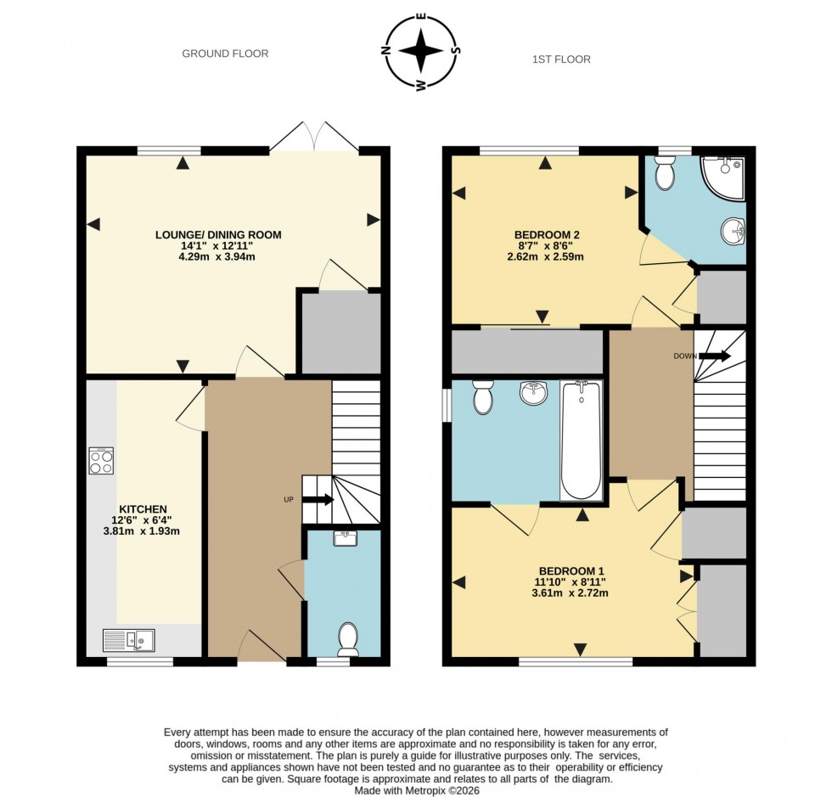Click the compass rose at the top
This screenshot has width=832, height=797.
[422, 52]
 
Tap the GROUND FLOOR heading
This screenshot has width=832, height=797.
[225, 53]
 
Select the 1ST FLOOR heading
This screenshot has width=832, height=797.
[560, 59]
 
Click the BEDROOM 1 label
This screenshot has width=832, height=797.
[571, 570]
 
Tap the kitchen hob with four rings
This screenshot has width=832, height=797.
[101, 460]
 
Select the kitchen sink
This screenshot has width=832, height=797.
[128, 639]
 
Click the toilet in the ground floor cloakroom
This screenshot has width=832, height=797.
[348, 639]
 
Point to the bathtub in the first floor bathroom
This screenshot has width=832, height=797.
[581, 441]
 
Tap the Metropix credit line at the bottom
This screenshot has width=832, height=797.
[415, 788]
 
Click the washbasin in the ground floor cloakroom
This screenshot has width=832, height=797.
[345, 538]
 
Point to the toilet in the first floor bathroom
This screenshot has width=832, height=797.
[483, 396]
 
